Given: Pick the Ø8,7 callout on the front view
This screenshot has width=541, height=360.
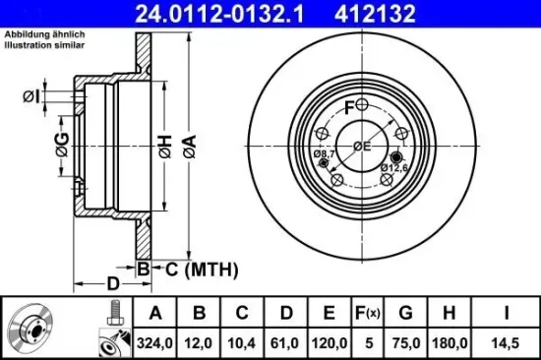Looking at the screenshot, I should click(x=326, y=154).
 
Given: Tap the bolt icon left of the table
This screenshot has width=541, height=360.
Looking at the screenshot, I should click(x=112, y=314).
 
